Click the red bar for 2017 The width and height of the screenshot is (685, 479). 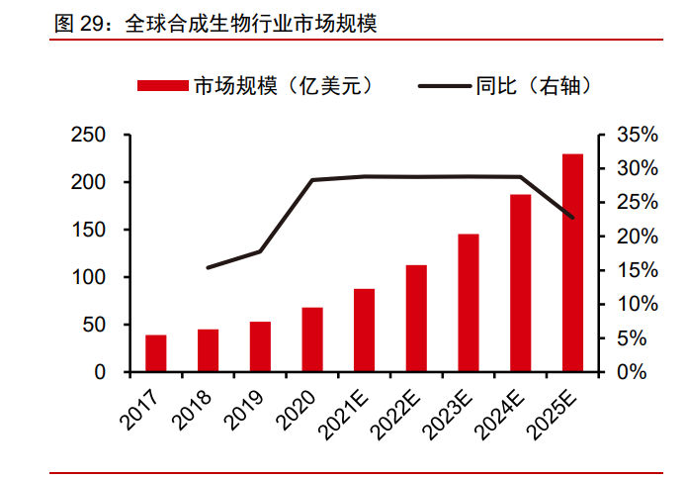pos(156,353)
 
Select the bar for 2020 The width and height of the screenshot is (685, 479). pos(312,339)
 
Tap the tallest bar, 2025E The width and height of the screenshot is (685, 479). pos(572,262)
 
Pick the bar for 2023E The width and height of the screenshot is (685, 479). pos(469,303)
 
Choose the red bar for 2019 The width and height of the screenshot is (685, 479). pos(260,346)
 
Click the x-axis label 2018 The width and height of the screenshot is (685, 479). pos(192,410)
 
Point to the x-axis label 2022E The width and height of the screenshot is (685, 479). pos(395,415)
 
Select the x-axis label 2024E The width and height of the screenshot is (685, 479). pos(499,415)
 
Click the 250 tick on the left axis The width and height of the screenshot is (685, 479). pos(88,135)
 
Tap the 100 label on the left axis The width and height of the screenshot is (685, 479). pos(88,277)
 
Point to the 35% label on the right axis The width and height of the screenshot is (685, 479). pos(637,135)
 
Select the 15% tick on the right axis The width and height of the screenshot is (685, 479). pos(637,270)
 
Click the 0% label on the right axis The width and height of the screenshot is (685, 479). pos(632,372)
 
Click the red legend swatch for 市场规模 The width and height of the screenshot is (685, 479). pos(163,85)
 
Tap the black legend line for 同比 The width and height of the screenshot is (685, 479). pos(445,86)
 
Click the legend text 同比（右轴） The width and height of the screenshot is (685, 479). pos(534,86)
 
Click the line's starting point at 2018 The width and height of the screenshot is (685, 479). pos(208,267)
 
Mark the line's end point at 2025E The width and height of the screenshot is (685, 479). pos(572,218)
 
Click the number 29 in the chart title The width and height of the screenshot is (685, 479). pos(91,23)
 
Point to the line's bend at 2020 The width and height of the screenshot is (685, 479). pos(312,180)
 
